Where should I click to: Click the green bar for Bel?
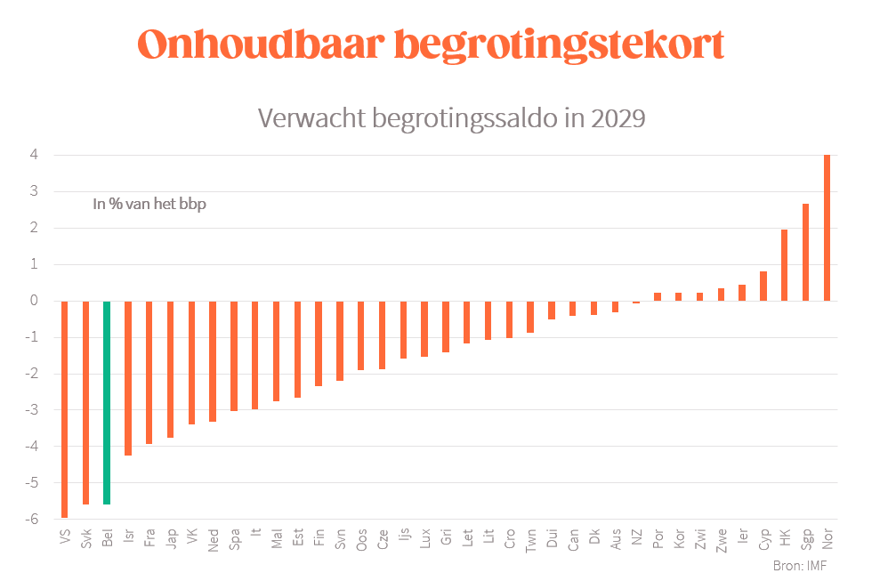107,403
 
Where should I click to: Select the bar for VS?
65,409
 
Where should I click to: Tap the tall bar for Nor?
827,228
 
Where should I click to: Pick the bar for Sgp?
806,253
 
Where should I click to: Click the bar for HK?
785,265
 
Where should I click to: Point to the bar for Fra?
149,373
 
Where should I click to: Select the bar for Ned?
213,361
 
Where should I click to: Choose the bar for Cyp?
763,286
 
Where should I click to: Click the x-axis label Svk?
86,538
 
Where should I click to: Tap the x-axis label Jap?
171,538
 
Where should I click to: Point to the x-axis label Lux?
424,538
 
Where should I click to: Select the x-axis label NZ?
636,537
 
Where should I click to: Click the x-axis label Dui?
552,538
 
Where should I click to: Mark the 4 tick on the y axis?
35,154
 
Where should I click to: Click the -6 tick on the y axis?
31,519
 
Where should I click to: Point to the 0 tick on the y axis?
35,301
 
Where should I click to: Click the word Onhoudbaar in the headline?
261,44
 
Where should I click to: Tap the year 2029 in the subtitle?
618,118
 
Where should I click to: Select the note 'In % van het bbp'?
149,204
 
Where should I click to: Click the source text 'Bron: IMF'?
800,566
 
